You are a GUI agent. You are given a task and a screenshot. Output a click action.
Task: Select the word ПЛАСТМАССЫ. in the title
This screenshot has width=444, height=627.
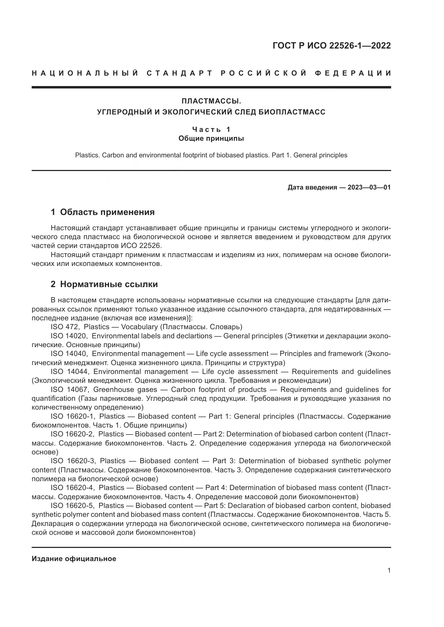[x=211, y=101]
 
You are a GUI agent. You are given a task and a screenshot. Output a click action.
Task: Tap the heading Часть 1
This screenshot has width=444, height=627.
[x=211, y=129]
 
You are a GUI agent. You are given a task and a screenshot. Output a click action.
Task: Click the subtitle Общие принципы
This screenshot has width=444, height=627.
[x=211, y=138]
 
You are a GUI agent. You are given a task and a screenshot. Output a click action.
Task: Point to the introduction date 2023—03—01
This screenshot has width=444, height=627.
[x=369, y=187]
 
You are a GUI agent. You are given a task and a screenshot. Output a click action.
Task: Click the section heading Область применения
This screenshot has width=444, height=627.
[x=107, y=212]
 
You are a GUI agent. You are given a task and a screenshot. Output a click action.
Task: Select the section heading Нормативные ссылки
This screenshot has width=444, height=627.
[x=109, y=284]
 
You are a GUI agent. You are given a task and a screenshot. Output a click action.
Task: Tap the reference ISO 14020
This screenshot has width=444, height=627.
[x=69, y=336]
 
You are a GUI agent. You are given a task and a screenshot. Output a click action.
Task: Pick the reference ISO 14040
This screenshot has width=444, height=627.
[x=69, y=354]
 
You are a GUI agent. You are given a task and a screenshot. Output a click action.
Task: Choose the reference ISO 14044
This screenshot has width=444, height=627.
[x=69, y=372]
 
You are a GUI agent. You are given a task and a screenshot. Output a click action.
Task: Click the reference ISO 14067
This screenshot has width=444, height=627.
[x=69, y=389]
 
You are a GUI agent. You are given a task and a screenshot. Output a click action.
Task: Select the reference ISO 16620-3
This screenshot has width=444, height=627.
[x=72, y=461]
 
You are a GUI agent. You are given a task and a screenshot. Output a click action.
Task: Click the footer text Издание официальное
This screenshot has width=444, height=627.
[x=74, y=559]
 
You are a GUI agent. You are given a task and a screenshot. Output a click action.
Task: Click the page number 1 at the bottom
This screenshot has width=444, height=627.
[x=389, y=570]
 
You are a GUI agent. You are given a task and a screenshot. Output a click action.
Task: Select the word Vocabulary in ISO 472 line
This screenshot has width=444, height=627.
[x=139, y=327]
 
